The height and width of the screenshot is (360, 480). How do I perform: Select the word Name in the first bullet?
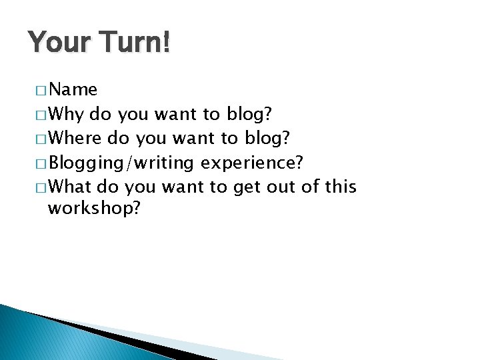[73, 89]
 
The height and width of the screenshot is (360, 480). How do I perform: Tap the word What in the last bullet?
[71, 187]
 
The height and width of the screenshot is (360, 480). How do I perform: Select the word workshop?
[94, 209]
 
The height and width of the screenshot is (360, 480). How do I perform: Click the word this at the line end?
[340, 187]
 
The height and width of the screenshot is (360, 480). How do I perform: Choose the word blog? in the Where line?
[267, 139]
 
